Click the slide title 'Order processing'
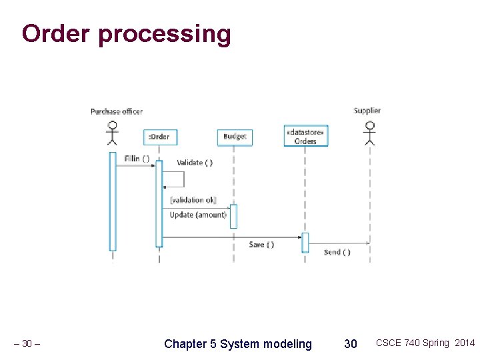[126, 33]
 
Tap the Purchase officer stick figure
[113, 133]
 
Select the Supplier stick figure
[369, 133]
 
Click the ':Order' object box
[159, 137]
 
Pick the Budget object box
[235, 137]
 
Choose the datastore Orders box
[305, 137]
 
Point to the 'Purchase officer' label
[117, 111]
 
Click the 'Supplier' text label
[367, 111]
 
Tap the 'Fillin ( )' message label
[137, 159]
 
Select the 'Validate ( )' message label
[195, 163]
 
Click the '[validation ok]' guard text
[193, 200]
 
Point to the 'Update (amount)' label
[198, 215]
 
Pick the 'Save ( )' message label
[261, 245]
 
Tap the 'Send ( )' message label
[337, 252]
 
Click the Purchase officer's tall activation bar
[113, 201]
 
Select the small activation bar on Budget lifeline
[233, 216]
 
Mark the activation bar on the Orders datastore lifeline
[305, 243]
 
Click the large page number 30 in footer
[350, 344]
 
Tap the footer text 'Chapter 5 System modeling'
[238, 344]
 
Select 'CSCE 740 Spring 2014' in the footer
[425, 343]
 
